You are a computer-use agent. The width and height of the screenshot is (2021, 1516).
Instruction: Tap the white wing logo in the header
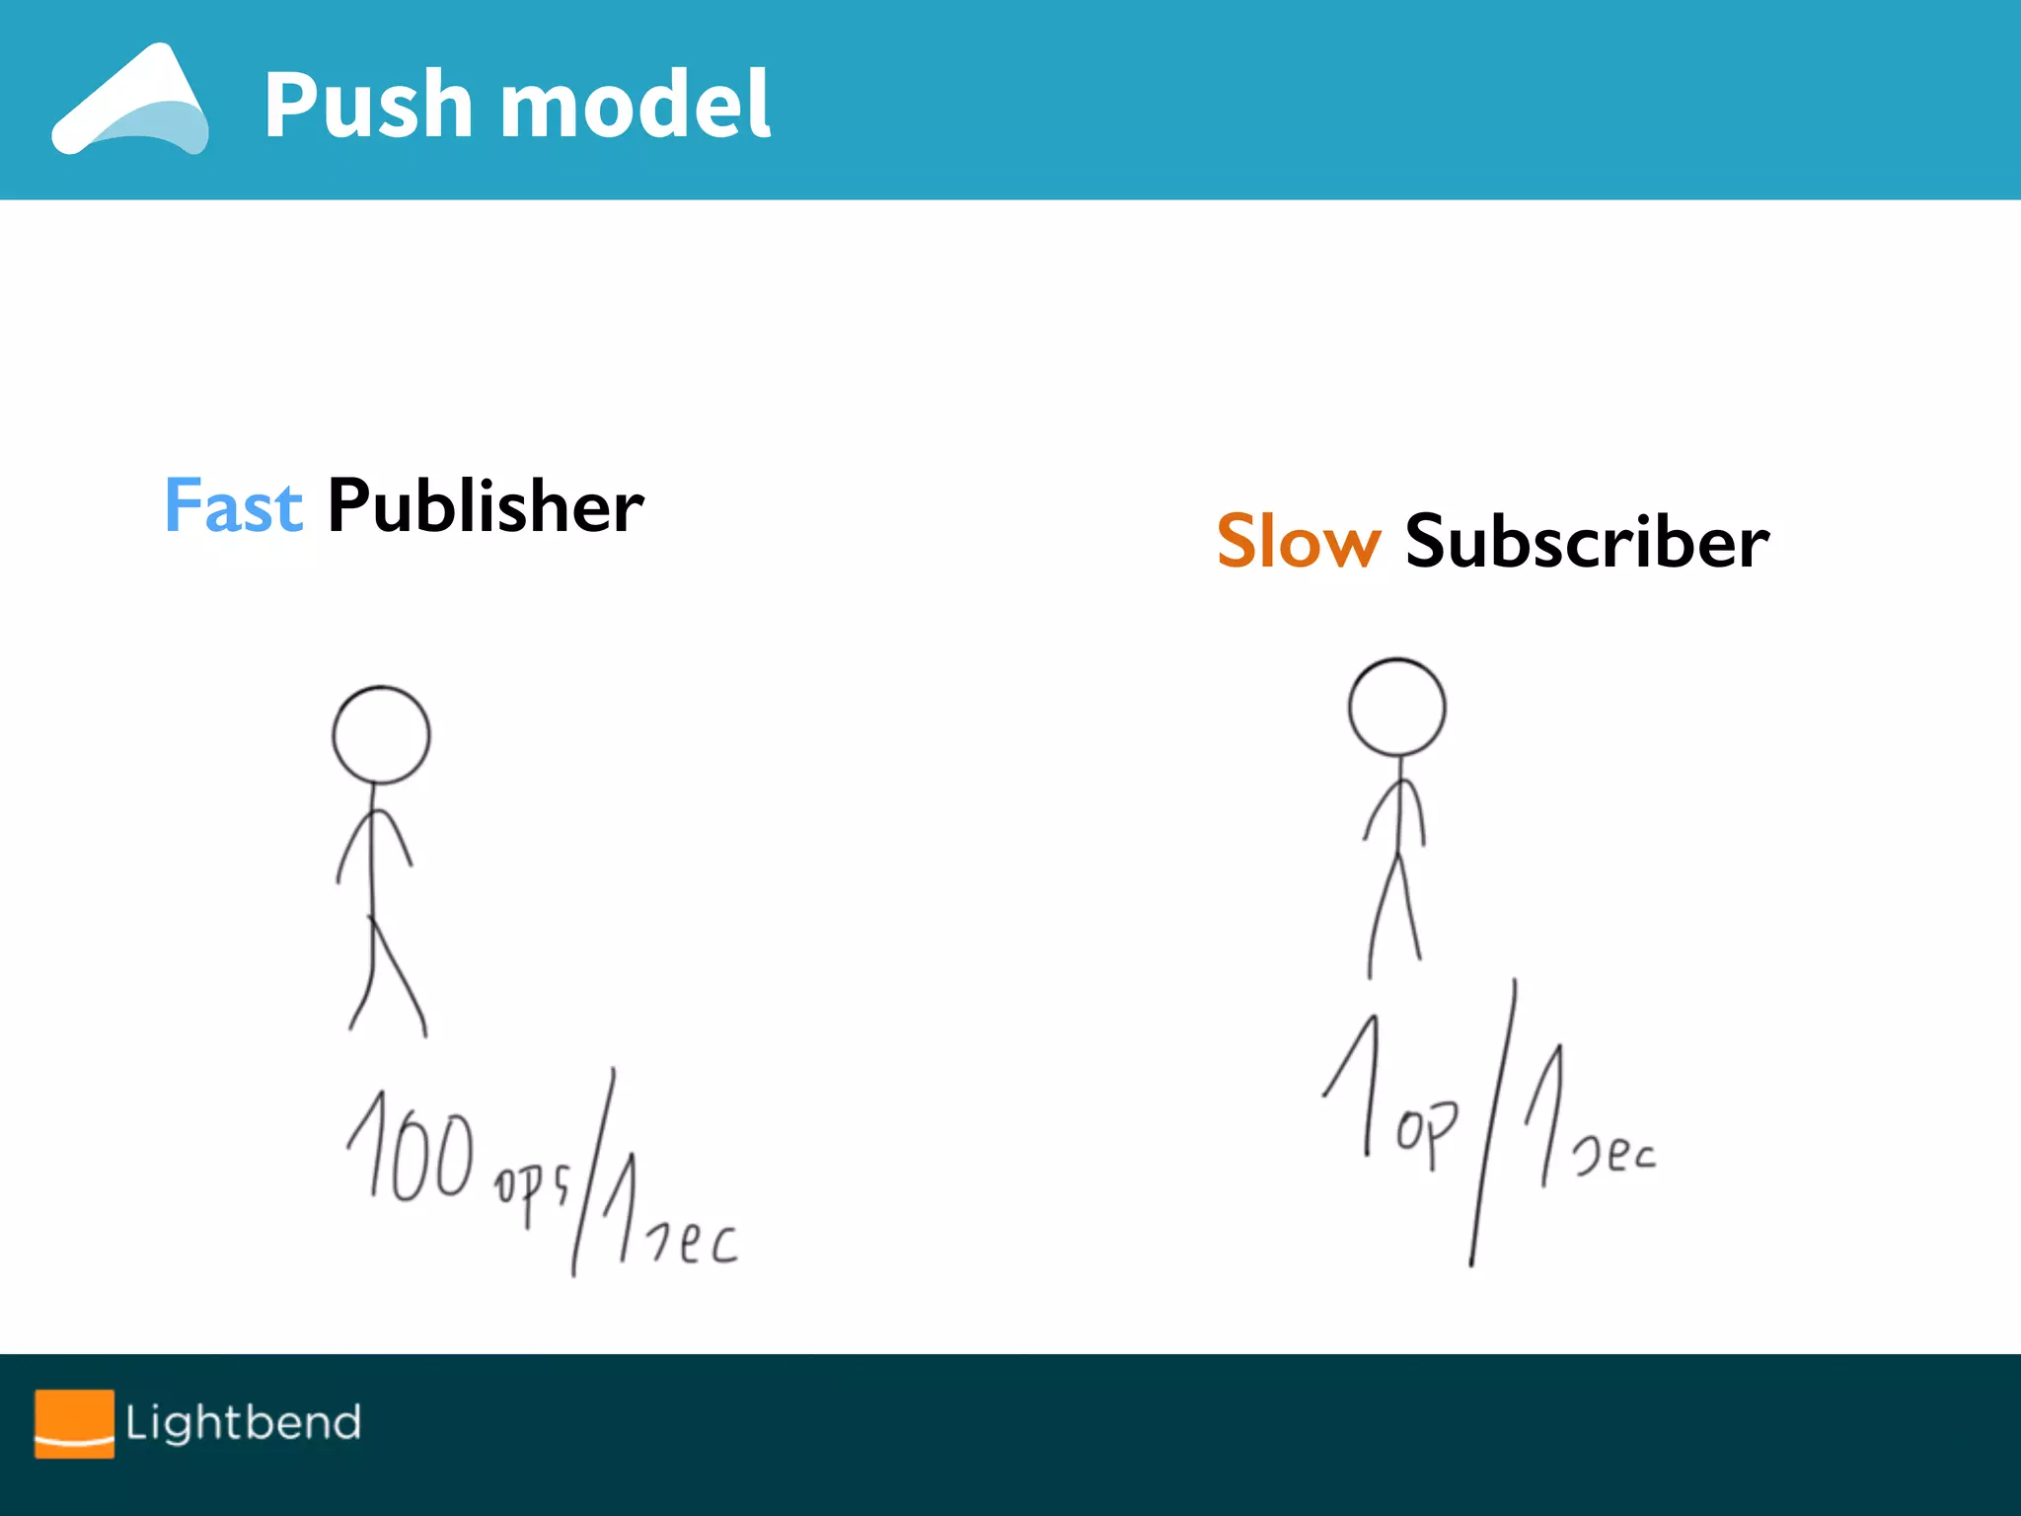pyautogui.click(x=130, y=101)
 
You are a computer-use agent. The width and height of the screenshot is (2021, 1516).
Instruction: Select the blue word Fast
pyautogui.click(x=233, y=506)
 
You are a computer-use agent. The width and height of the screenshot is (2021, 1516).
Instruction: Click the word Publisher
pyautogui.click(x=486, y=506)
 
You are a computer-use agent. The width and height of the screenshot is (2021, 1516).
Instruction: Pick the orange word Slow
pyautogui.click(x=1298, y=542)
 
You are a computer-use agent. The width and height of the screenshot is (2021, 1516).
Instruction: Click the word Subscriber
pyautogui.click(x=1587, y=542)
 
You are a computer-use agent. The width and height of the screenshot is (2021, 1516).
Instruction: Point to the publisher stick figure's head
pyautogui.click(x=381, y=735)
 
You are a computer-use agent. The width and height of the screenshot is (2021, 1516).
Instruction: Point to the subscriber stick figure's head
pyautogui.click(x=1396, y=708)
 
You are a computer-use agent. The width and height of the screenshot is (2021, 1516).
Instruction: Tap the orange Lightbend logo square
pyautogui.click(x=74, y=1423)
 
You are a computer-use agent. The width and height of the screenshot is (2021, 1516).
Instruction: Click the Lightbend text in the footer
pyautogui.click(x=243, y=1423)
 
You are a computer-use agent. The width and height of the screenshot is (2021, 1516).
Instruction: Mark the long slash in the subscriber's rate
pyautogui.click(x=1492, y=1125)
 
